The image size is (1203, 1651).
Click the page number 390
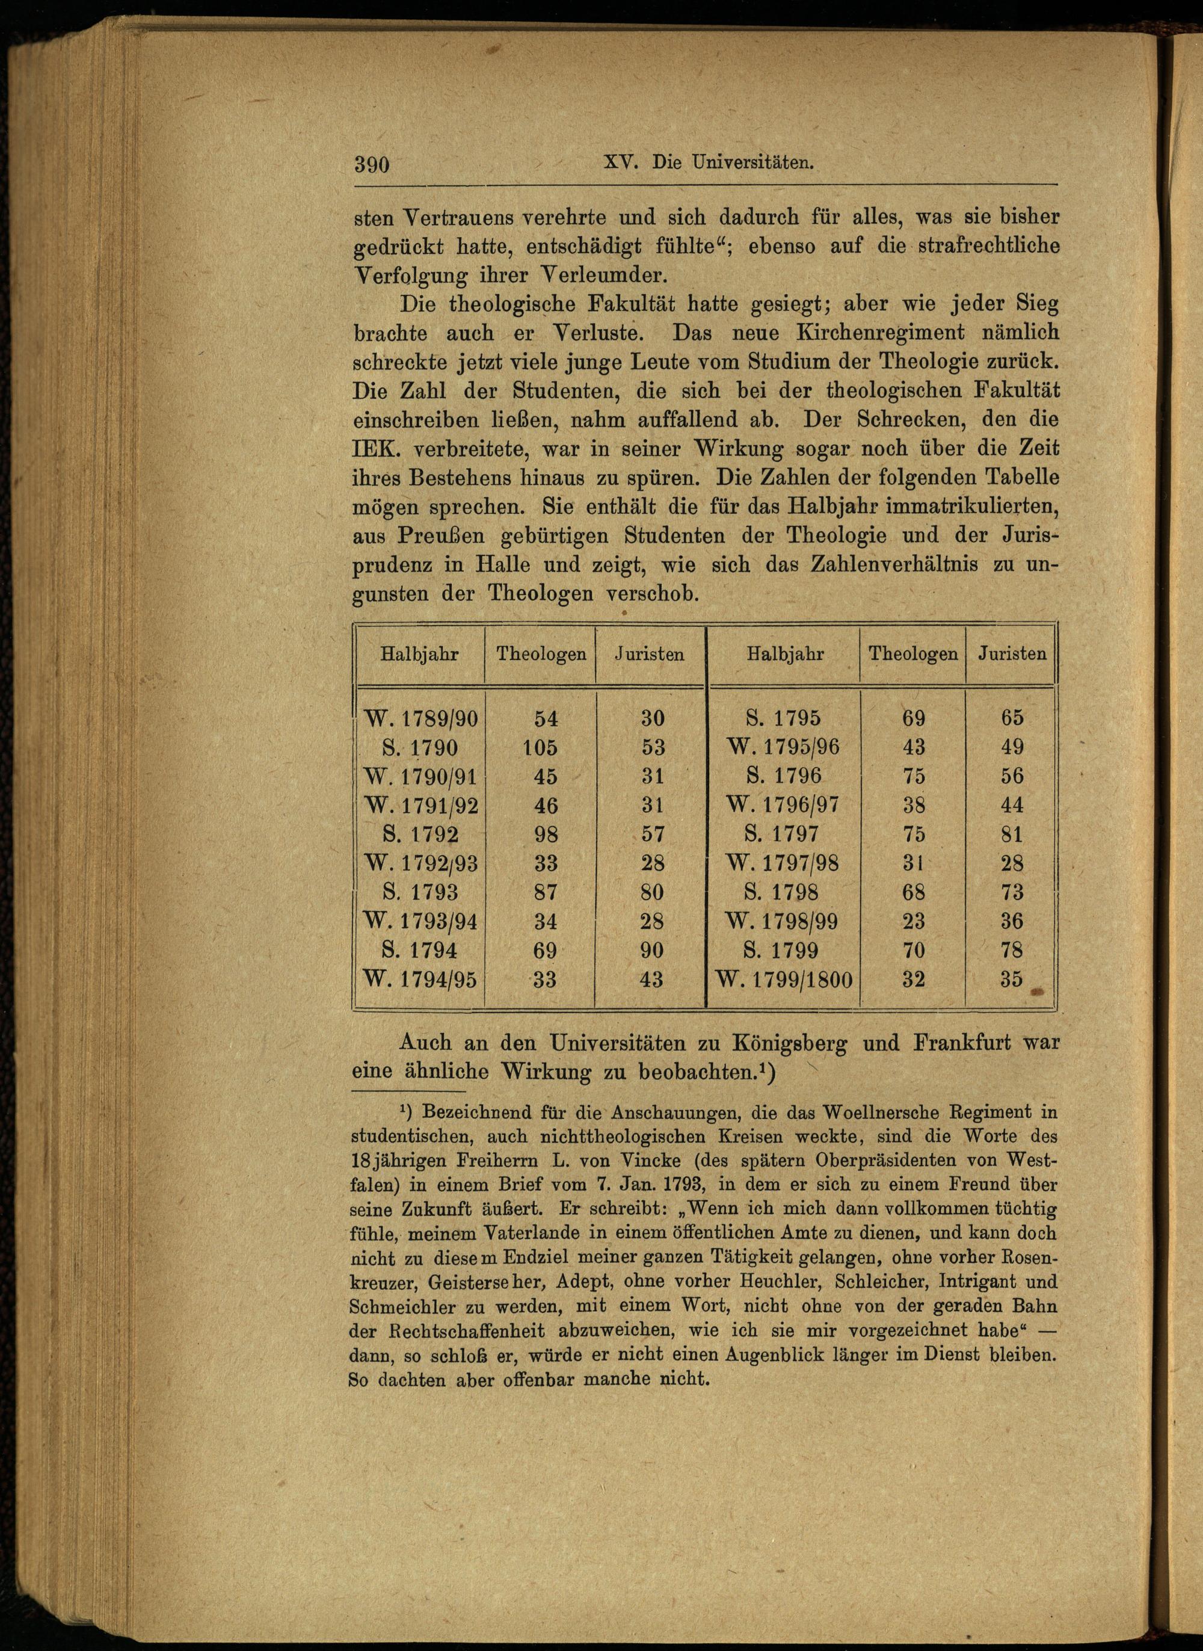pyautogui.click(x=373, y=164)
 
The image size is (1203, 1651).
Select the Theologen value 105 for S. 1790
pyautogui.click(x=539, y=747)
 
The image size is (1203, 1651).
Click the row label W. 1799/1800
pyautogui.click(x=784, y=980)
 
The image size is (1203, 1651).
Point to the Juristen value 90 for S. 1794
pyautogui.click(x=652, y=951)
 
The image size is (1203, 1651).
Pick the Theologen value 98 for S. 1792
pyautogui.click(x=545, y=835)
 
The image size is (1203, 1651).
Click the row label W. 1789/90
pyautogui.click(x=421, y=719)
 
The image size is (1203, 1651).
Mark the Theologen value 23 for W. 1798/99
pyautogui.click(x=913, y=921)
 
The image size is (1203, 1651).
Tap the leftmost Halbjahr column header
pyautogui.click(x=419, y=654)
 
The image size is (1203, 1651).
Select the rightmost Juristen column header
pyautogui.click(x=1012, y=654)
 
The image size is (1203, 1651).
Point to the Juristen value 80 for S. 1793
pyautogui.click(x=652, y=892)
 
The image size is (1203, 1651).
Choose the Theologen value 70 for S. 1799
pyautogui.click(x=913, y=951)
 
